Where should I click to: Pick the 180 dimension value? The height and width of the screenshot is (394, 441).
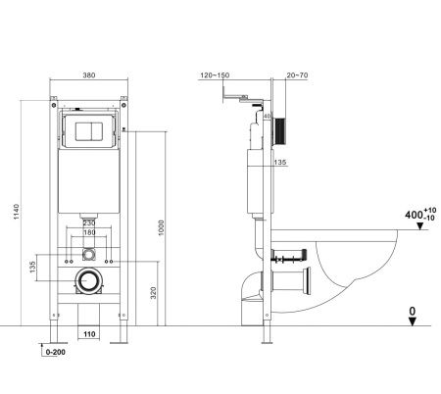pos(88,234)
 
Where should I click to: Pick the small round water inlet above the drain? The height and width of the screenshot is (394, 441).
pos(88,254)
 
